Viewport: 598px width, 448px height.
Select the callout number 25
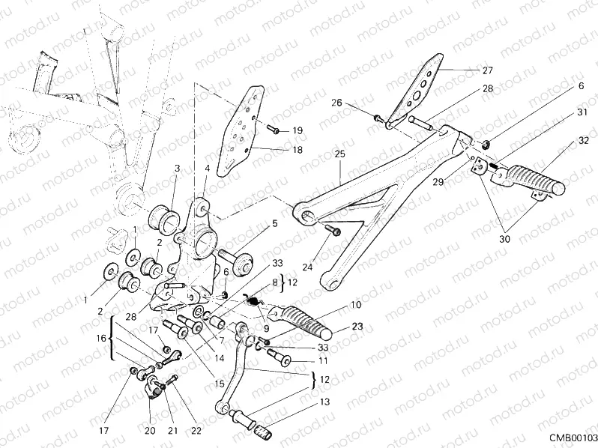pyautogui.click(x=339, y=154)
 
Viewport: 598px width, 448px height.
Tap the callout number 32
pyautogui.click(x=582, y=140)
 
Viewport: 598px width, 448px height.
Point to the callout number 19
pyautogui.click(x=298, y=130)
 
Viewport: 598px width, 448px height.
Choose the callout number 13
pyautogui.click(x=323, y=402)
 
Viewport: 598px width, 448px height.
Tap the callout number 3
pyautogui.click(x=177, y=169)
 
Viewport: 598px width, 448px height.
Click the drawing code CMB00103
pyautogui.click(x=570, y=437)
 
